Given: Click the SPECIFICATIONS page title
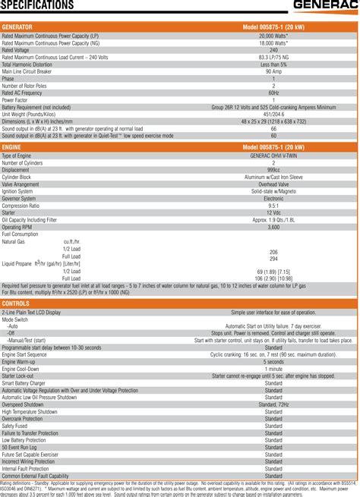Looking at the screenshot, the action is click(x=38, y=6).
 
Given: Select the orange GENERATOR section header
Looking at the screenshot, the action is click(x=18, y=27).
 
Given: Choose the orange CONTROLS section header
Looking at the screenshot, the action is click(x=17, y=304).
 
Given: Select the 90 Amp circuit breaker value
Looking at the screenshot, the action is click(x=273, y=71).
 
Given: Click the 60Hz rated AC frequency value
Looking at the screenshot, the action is click(x=273, y=93).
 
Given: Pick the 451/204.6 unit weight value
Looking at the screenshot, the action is click(x=273, y=114).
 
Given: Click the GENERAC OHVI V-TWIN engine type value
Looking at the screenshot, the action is click(x=273, y=156).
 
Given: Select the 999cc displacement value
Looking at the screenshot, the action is click(x=273, y=170).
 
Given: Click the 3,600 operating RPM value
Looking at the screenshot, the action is click(x=273, y=227).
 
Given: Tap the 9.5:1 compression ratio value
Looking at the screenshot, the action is click(x=273, y=205).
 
